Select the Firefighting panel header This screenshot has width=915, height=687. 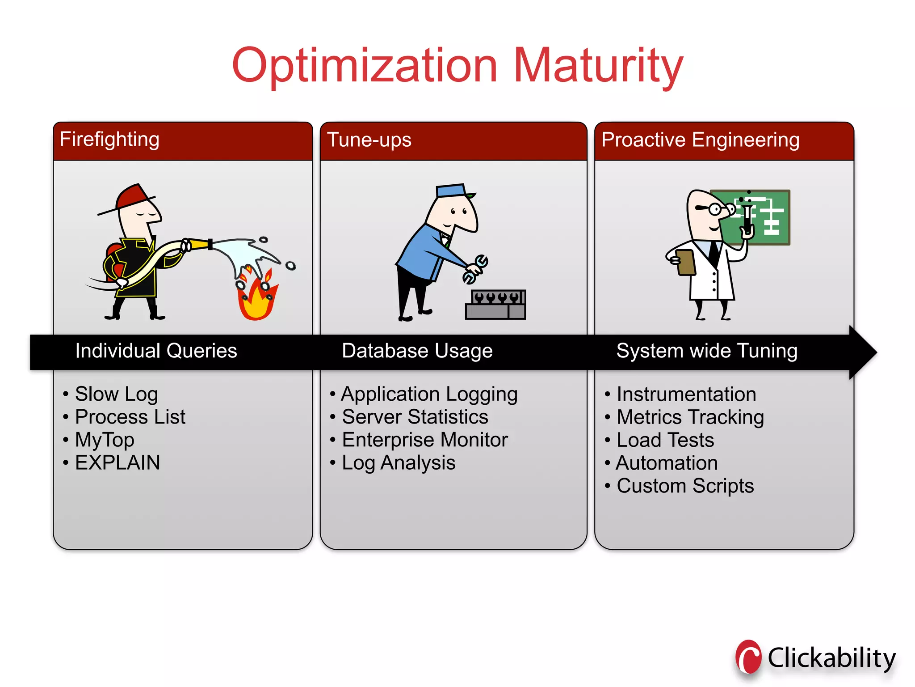(x=109, y=140)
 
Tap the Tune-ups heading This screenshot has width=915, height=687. (x=369, y=140)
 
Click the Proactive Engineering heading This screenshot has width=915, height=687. (x=700, y=140)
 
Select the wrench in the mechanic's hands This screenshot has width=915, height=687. (x=476, y=268)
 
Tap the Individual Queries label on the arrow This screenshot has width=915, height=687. (x=156, y=351)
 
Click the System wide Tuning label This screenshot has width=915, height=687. (x=706, y=351)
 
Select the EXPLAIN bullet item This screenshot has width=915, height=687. (x=117, y=463)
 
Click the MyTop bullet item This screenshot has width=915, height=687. (x=105, y=440)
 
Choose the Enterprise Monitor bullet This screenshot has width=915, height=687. (x=424, y=440)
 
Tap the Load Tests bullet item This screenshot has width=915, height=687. (x=665, y=440)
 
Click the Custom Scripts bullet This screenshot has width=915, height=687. (x=685, y=486)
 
